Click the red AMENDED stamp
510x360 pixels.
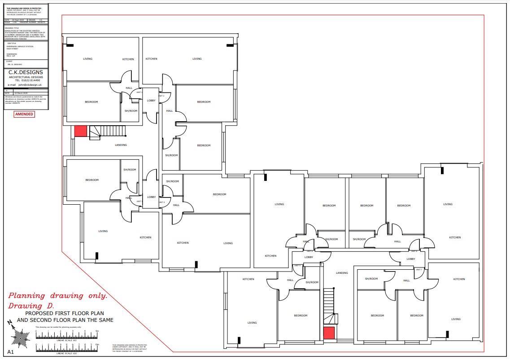click(24, 114)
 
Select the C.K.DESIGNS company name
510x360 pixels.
click(26, 72)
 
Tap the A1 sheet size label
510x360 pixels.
click(11, 352)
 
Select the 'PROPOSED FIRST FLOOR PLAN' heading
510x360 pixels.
click(65, 313)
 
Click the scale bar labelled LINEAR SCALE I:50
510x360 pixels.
click(67, 336)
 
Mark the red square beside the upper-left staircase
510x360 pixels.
click(80, 131)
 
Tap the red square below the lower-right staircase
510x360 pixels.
click(329, 333)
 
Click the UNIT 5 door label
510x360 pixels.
click(297, 266)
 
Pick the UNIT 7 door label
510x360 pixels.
click(418, 270)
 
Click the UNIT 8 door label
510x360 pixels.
click(414, 251)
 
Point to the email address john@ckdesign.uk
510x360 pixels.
click(25, 84)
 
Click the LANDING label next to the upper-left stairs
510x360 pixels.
click(121, 145)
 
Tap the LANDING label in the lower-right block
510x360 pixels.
click(342, 273)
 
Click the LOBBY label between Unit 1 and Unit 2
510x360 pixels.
click(151, 101)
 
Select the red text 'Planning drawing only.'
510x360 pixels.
click(58, 296)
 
